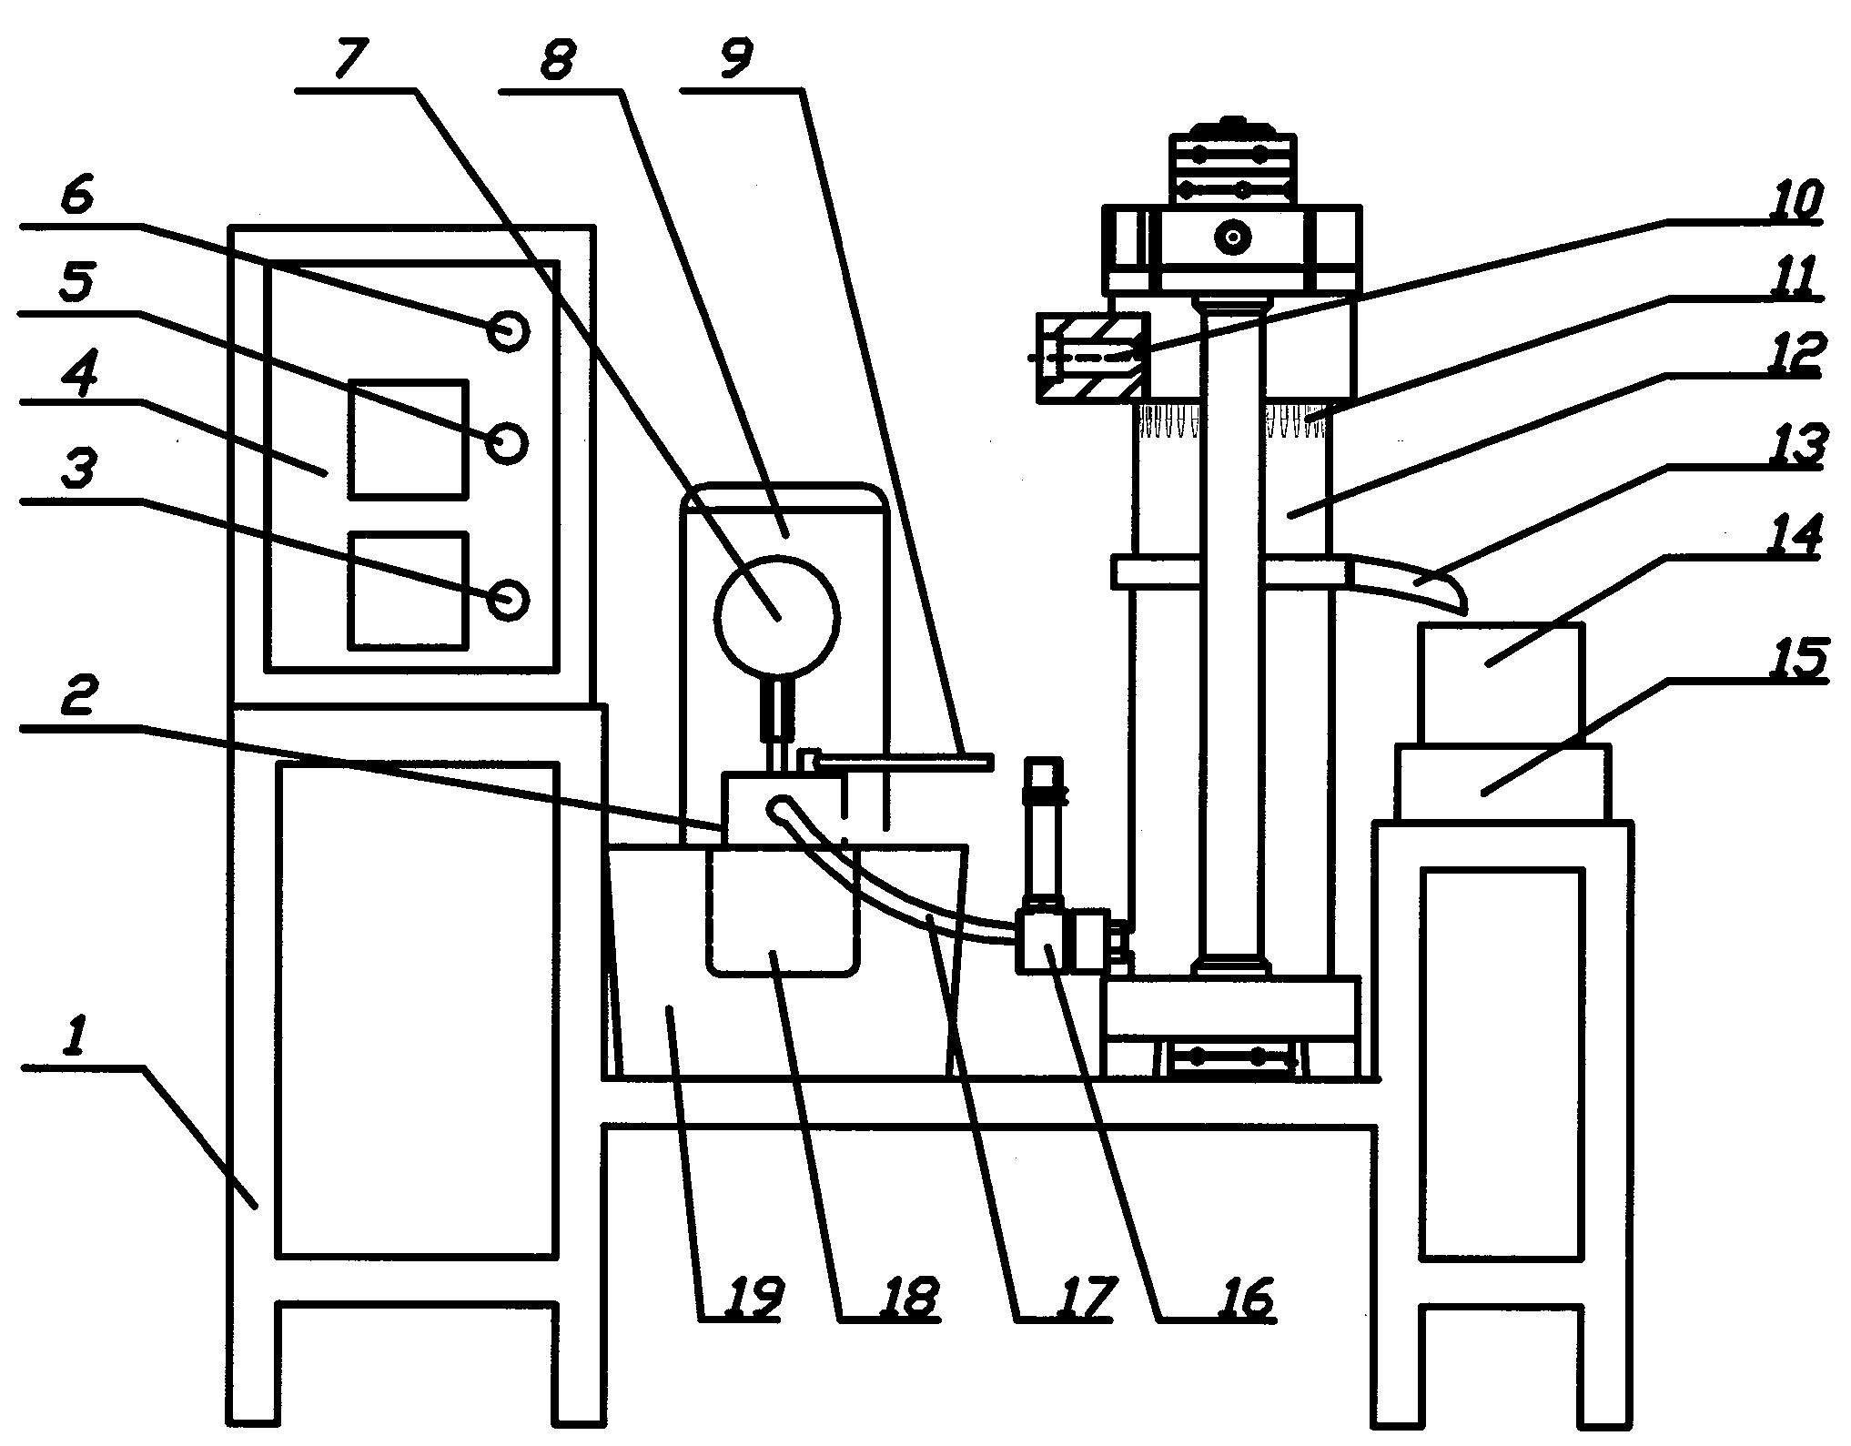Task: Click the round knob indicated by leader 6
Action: pos(508,331)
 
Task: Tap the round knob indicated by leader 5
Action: pos(507,443)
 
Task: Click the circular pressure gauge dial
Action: pos(778,616)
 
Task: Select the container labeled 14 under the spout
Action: pos(1501,683)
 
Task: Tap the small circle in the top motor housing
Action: pos(1233,238)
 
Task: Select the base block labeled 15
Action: pos(1502,784)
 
